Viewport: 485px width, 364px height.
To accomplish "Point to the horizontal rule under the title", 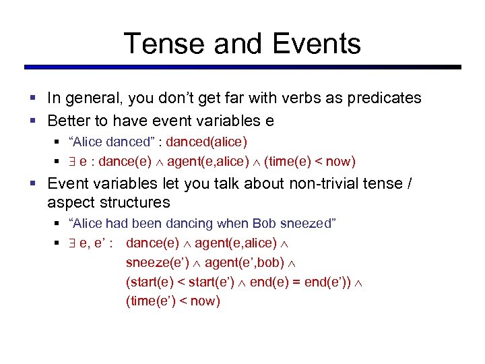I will pos(243,67).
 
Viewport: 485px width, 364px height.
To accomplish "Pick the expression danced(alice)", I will pos(207,142).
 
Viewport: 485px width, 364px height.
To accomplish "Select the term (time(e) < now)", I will pos(310,161).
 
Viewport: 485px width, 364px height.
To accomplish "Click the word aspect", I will pos(69,202).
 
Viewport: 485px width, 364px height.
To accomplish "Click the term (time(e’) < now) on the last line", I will pos(173,301).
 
